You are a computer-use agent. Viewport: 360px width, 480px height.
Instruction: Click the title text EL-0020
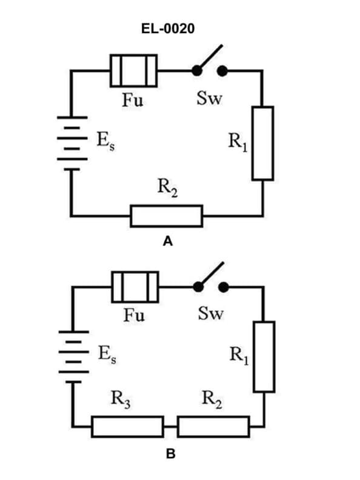[x=168, y=28]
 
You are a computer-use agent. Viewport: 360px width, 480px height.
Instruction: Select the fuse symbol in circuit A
[x=133, y=71]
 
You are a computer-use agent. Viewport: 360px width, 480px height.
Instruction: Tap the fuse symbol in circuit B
[x=135, y=287]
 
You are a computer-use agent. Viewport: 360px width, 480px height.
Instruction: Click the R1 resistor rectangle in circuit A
[x=262, y=143]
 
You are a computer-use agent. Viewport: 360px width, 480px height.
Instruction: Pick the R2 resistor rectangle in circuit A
[x=166, y=215]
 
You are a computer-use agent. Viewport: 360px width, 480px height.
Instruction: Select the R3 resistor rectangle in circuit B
[x=127, y=427]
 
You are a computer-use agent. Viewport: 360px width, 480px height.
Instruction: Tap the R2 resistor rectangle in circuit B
[x=213, y=427]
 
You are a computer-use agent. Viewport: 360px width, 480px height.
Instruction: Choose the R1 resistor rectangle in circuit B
[x=264, y=356]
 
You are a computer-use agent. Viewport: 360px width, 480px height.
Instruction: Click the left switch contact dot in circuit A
[x=197, y=71]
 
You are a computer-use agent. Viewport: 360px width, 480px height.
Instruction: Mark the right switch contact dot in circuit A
[x=222, y=71]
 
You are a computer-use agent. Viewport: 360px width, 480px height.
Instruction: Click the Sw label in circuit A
[x=210, y=98]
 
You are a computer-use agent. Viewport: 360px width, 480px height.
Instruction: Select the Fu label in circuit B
[x=134, y=315]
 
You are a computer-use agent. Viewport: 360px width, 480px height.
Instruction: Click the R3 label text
[x=121, y=399]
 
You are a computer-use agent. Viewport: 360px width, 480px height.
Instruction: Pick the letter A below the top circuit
[x=168, y=242]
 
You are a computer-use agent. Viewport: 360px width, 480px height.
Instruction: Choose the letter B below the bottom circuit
[x=170, y=454]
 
